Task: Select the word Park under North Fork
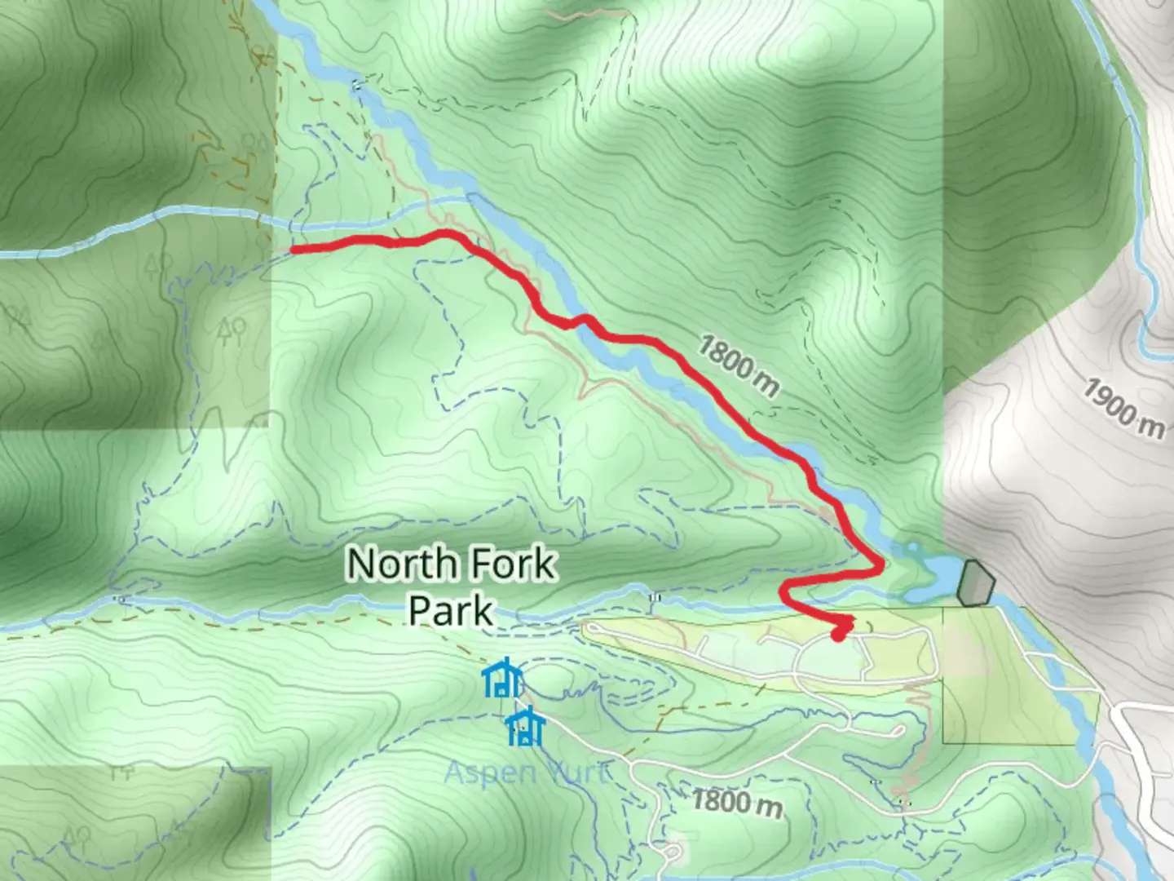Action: pyautogui.click(x=451, y=610)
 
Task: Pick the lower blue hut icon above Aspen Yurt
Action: pyautogui.click(x=525, y=728)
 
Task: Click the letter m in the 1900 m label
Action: pyautogui.click(x=1152, y=427)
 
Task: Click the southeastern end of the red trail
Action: pyautogui.click(x=838, y=635)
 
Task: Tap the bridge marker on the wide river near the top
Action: pyautogui.click(x=356, y=85)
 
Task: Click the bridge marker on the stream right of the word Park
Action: pyautogui.click(x=653, y=598)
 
